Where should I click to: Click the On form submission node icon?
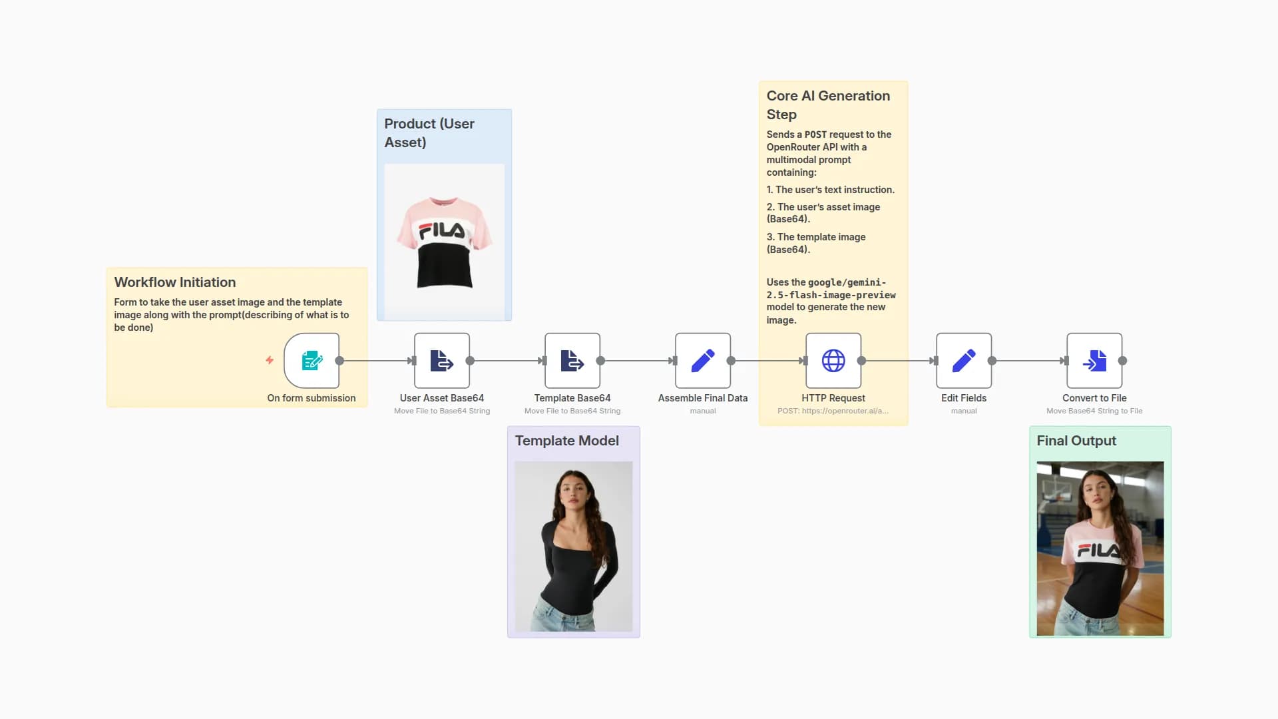coord(312,361)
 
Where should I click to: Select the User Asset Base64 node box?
coord(442,361)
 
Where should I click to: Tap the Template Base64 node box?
coord(572,361)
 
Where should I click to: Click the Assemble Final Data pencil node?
coord(703,361)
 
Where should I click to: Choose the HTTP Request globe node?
coord(833,361)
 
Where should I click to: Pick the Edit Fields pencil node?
coord(964,361)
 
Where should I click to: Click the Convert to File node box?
coord(1094,361)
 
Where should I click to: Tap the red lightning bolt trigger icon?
coord(270,360)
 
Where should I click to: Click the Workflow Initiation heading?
coord(175,282)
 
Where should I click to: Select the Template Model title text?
coord(566,441)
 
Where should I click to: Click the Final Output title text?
coord(1076,441)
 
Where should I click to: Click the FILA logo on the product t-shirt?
coord(442,230)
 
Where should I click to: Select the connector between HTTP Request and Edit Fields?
coord(899,361)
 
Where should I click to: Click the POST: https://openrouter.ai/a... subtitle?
coord(833,411)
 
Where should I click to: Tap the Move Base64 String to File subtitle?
coord(1094,411)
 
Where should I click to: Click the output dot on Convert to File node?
coord(1123,361)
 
